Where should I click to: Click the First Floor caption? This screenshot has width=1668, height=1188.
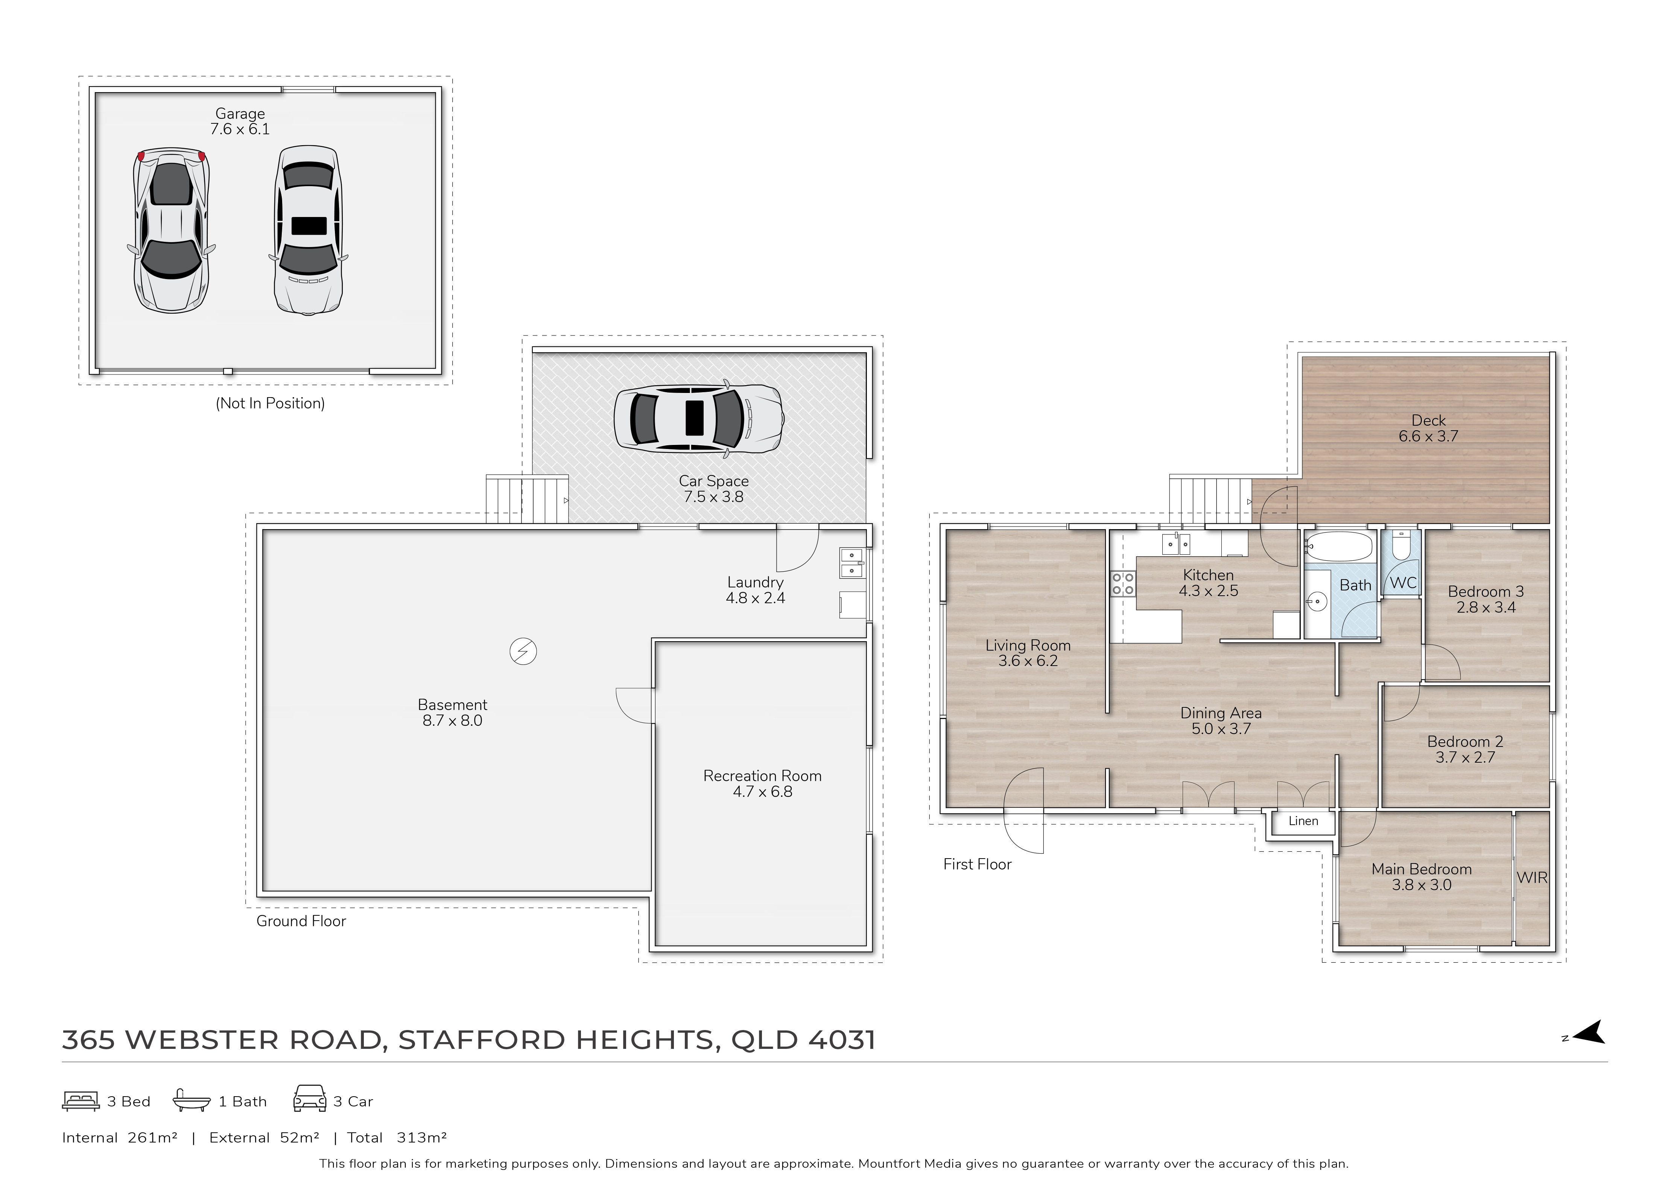pyautogui.click(x=977, y=864)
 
